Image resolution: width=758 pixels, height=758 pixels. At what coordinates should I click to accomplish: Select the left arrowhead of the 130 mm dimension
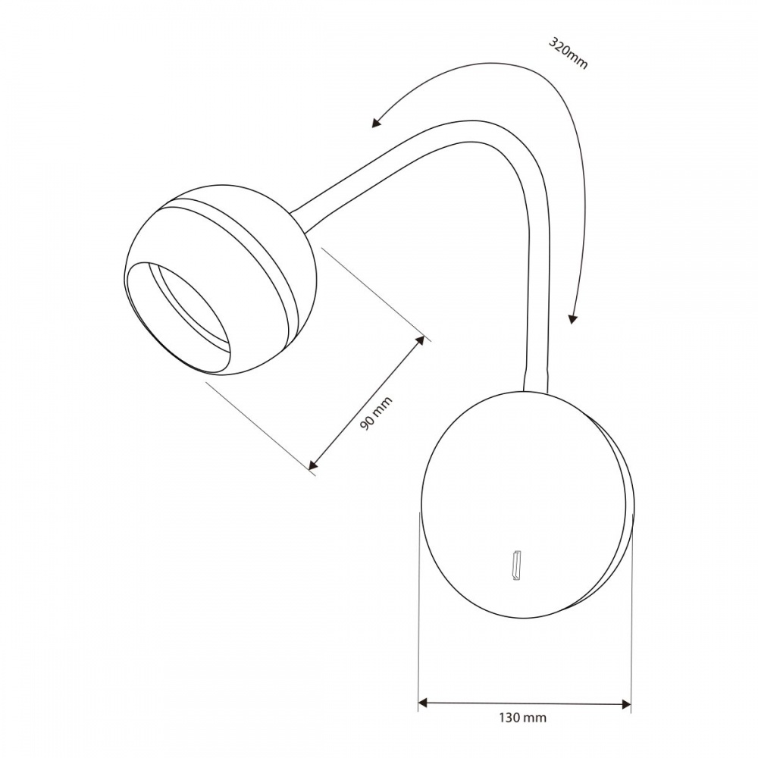[x=424, y=704]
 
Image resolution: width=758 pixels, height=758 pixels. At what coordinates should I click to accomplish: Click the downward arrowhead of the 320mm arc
[x=573, y=318]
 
